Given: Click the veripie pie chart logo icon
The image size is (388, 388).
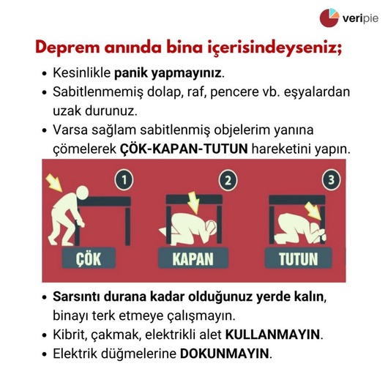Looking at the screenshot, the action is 329,18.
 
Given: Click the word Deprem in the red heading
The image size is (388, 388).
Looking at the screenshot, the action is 67,48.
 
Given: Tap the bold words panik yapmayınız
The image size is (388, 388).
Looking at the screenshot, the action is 168,73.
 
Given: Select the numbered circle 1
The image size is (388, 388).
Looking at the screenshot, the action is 124,180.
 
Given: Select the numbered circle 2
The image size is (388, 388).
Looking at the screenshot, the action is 228,180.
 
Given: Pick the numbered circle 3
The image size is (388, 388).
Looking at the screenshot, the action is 332,180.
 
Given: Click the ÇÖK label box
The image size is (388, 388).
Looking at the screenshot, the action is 89,258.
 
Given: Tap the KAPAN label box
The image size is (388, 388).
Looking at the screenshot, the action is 193,258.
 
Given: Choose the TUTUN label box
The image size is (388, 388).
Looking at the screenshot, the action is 298,258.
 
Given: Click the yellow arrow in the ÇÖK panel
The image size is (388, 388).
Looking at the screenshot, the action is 54,182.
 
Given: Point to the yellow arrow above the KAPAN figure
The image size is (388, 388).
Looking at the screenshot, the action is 193,203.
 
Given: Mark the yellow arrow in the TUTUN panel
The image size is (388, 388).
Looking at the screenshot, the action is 314,211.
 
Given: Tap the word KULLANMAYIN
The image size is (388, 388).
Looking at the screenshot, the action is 272,335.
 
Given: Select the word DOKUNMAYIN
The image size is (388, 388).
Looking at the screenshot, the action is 225,354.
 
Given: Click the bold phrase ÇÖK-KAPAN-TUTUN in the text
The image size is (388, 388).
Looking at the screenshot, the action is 184,149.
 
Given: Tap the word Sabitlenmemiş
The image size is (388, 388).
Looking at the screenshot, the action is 98,92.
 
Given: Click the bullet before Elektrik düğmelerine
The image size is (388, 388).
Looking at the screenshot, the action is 45,354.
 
